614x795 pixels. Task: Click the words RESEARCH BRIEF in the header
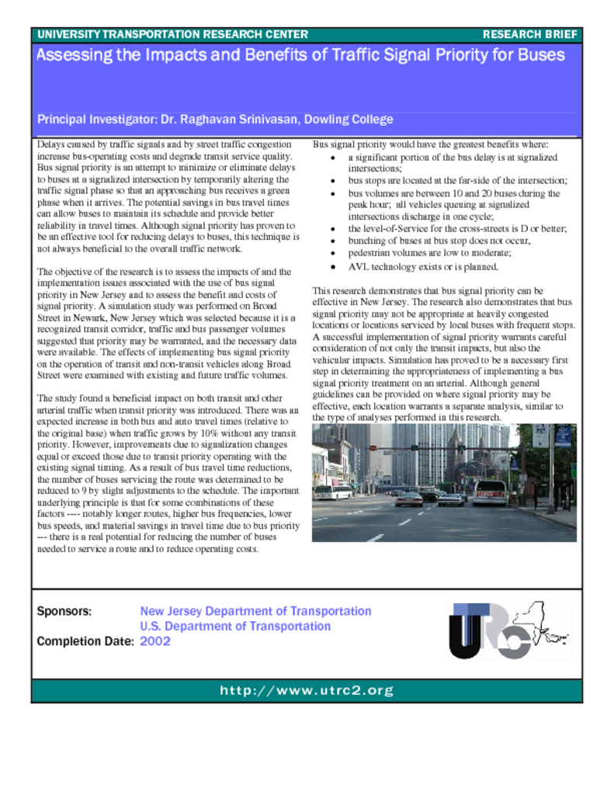(530, 34)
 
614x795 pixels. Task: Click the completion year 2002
(155, 641)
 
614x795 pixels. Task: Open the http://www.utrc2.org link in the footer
(307, 690)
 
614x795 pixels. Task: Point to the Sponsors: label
(64, 612)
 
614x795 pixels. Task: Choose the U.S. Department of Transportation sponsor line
(235, 626)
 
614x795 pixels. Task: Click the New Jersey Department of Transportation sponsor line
(255, 611)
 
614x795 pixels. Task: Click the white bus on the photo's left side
(333, 492)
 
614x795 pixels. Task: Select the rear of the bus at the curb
(489, 492)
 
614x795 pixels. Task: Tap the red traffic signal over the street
(373, 449)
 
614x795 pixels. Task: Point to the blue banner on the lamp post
(562, 436)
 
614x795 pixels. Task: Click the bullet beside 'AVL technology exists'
(333, 266)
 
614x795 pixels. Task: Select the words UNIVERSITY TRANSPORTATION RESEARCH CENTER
(172, 34)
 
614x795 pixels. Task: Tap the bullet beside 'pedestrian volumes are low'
(333, 254)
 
